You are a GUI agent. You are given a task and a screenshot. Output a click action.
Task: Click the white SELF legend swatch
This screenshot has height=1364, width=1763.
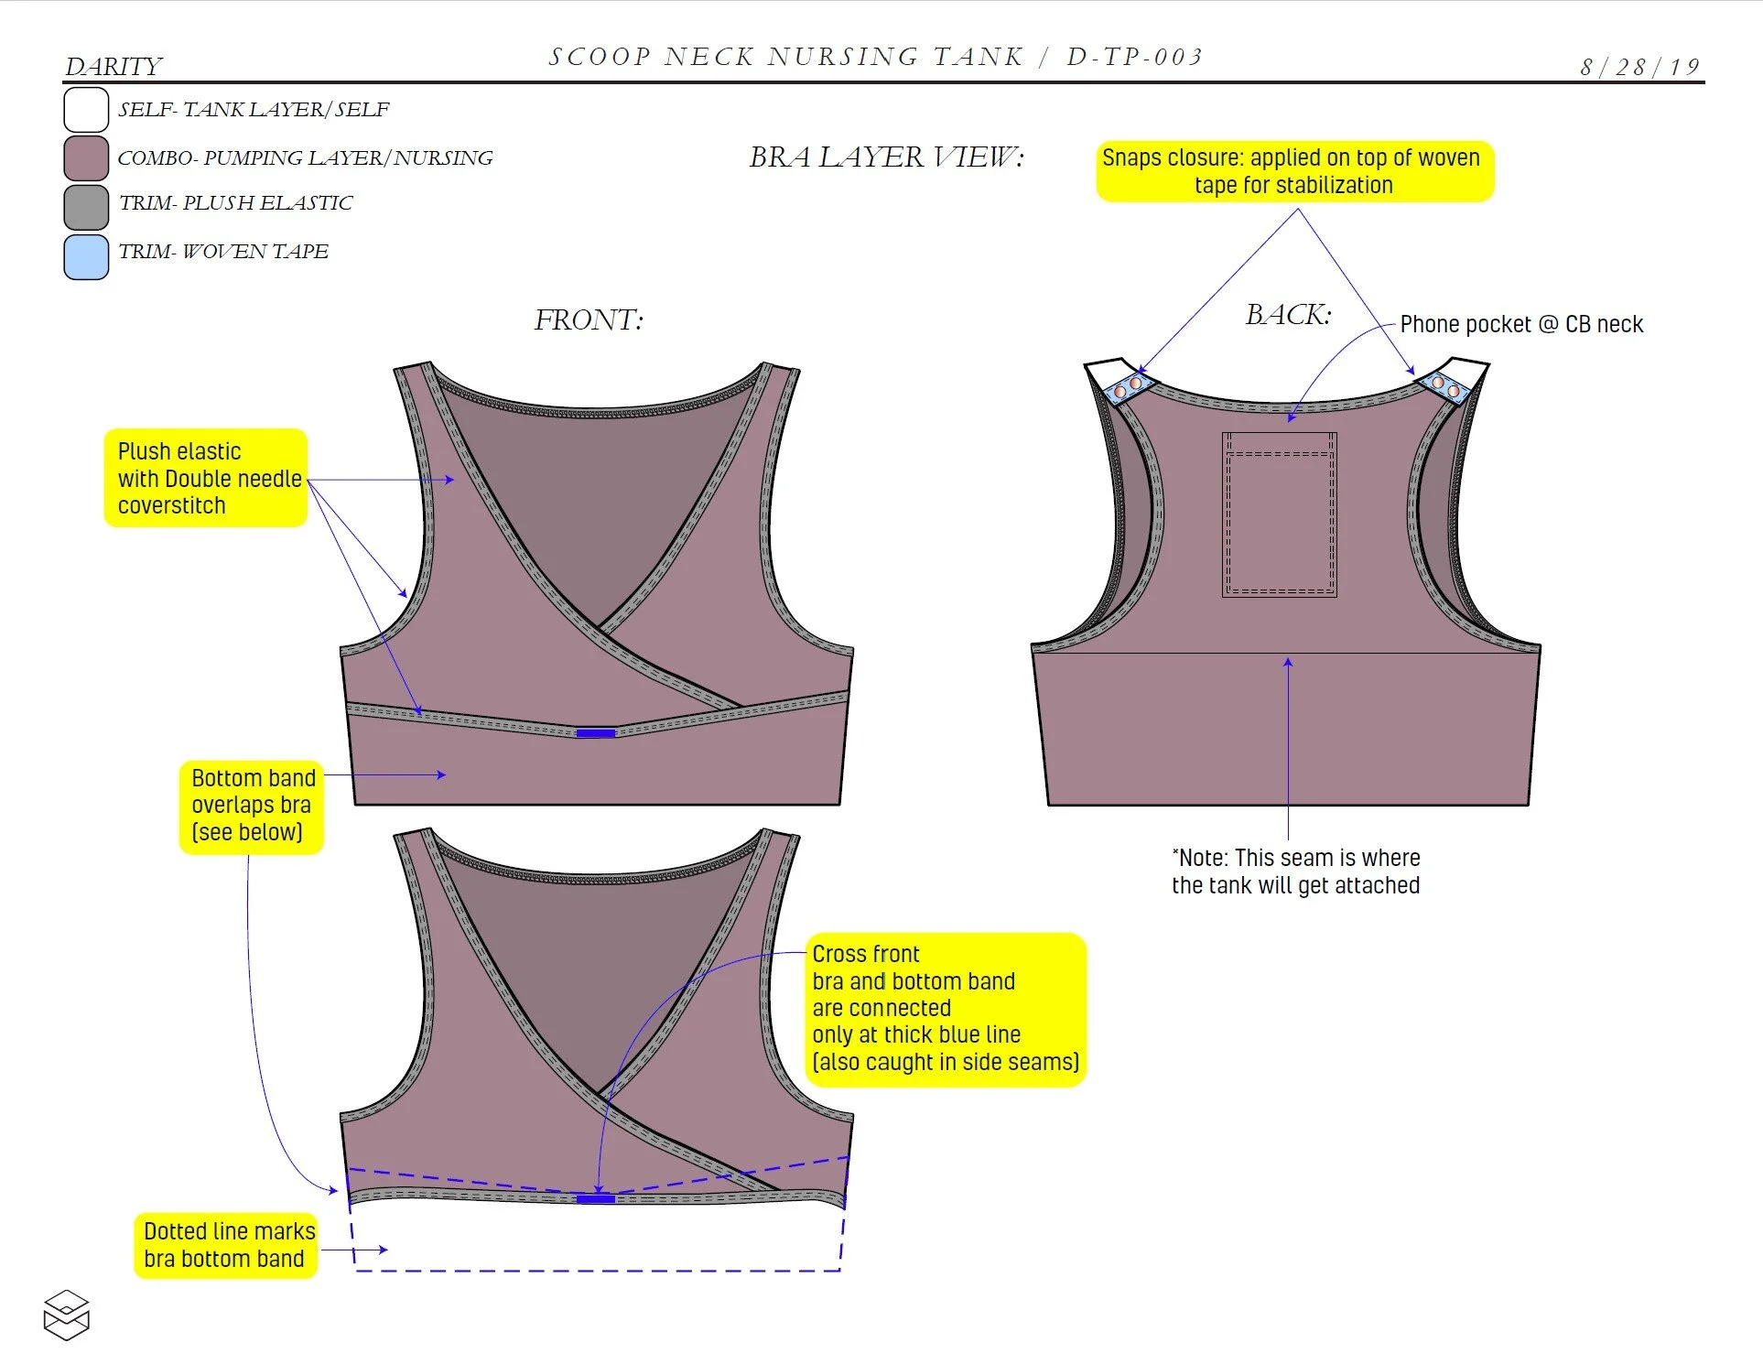(x=86, y=110)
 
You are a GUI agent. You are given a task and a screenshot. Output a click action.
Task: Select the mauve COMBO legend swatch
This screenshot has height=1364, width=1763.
(x=86, y=157)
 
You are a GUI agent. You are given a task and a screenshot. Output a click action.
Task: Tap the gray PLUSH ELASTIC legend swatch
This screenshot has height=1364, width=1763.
(x=86, y=207)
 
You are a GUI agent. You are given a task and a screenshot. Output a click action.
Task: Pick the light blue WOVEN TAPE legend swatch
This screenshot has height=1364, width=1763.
(x=86, y=256)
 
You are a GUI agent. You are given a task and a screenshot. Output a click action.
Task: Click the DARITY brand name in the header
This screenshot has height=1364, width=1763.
(x=114, y=67)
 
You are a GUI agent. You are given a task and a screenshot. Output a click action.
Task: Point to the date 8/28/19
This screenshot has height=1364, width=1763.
(x=1639, y=67)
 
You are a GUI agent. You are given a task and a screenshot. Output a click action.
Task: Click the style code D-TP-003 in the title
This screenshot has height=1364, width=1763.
(x=1134, y=57)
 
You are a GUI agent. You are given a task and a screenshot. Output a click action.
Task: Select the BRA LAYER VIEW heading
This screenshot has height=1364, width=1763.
(x=886, y=157)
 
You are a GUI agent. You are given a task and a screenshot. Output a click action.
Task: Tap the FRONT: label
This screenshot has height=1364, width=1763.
(x=589, y=319)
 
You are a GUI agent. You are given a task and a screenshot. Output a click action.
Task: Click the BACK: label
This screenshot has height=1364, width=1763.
(x=1288, y=315)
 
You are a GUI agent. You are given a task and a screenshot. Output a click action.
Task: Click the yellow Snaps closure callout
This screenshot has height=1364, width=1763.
(x=1293, y=171)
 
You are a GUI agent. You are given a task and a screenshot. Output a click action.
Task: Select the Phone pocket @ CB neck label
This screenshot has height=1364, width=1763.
(x=1521, y=324)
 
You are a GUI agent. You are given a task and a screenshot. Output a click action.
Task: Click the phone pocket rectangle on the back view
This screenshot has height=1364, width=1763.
(x=1279, y=514)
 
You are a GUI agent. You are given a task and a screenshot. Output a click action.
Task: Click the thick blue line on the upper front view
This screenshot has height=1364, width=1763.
(x=595, y=732)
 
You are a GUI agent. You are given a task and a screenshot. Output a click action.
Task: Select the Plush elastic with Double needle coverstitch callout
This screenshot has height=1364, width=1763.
(x=206, y=478)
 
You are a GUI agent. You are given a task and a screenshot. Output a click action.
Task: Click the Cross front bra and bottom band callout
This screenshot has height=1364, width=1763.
(x=945, y=1009)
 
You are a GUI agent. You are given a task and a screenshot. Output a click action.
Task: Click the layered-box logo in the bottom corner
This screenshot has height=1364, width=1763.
(x=67, y=1315)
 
